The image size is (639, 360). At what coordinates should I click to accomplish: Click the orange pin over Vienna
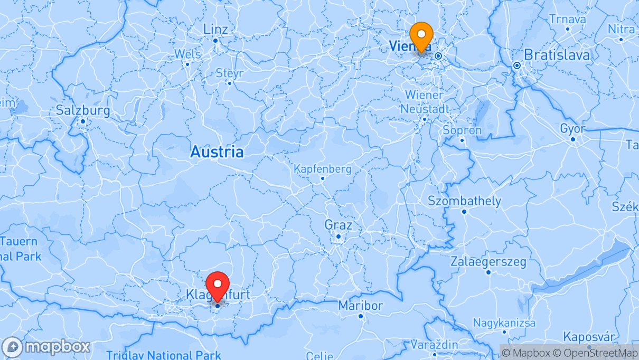click(x=421, y=35)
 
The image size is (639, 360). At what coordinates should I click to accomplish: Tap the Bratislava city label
click(x=557, y=54)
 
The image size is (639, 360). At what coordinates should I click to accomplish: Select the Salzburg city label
click(x=83, y=111)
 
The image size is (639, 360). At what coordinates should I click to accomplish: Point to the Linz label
click(x=215, y=30)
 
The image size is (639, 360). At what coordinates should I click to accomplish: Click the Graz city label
click(x=338, y=225)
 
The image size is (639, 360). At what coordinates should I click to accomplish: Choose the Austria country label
click(x=217, y=152)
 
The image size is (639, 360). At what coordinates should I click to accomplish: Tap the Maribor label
click(x=361, y=306)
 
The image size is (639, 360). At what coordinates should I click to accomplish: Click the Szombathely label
click(x=464, y=201)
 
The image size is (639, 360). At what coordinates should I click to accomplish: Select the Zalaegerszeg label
click(x=488, y=262)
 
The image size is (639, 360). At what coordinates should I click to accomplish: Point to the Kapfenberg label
click(x=322, y=169)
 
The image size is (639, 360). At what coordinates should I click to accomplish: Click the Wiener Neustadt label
click(x=425, y=102)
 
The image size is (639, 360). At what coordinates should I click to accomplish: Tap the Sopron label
click(x=462, y=130)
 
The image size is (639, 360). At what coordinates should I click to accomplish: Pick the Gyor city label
click(x=572, y=129)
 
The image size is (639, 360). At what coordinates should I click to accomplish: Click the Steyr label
click(x=229, y=73)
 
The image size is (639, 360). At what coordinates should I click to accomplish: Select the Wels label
click(x=187, y=54)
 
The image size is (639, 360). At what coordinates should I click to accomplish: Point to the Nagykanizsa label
click(x=504, y=323)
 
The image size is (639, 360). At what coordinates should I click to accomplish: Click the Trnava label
click(x=567, y=19)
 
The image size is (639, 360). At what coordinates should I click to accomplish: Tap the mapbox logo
click(x=46, y=347)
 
